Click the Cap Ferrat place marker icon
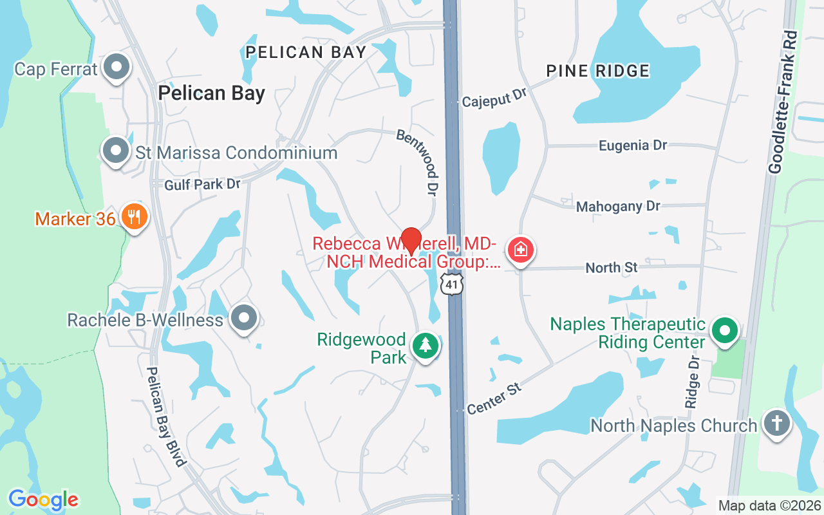pyautogui.click(x=117, y=66)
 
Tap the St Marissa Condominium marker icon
pyautogui.click(x=117, y=151)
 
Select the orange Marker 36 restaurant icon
pyautogui.click(x=134, y=217)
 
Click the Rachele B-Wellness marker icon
pyautogui.click(x=244, y=317)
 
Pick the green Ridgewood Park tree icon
pyautogui.click(x=425, y=346)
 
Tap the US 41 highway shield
pyautogui.click(x=452, y=283)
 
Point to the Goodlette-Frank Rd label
pyautogui.click(x=783, y=102)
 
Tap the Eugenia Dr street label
pyautogui.click(x=633, y=145)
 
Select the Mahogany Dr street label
pyautogui.click(x=618, y=207)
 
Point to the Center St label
pyautogui.click(x=494, y=398)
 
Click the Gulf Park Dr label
pyautogui.click(x=202, y=185)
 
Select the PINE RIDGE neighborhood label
pyautogui.click(x=598, y=71)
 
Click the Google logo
pyautogui.click(x=44, y=500)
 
